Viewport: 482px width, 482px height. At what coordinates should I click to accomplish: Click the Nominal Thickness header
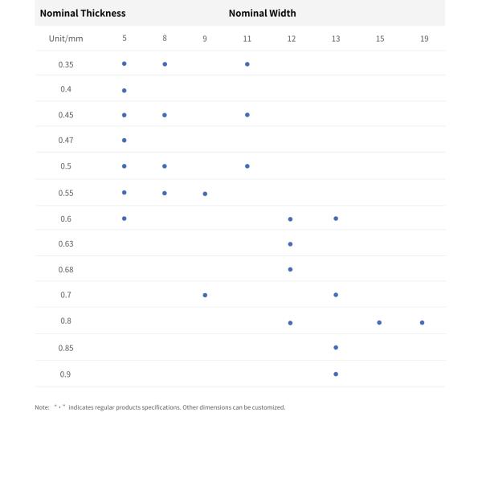pyautogui.click(x=83, y=13)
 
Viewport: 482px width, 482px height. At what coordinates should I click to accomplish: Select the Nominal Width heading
pyautogui.click(x=262, y=13)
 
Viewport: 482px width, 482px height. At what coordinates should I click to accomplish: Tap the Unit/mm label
pyautogui.click(x=66, y=39)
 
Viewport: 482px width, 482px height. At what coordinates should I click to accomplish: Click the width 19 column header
pyautogui.click(x=424, y=39)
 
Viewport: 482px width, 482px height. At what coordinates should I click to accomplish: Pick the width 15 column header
pyautogui.click(x=380, y=39)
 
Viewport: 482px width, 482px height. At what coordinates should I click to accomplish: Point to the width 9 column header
pyautogui.click(x=205, y=39)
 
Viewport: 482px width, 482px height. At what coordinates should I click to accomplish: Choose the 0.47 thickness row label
pyautogui.click(x=66, y=140)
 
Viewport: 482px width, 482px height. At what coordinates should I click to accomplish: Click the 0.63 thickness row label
pyautogui.click(x=66, y=243)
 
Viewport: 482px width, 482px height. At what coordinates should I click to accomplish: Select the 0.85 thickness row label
pyautogui.click(x=66, y=348)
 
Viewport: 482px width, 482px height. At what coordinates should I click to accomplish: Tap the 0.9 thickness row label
pyautogui.click(x=66, y=374)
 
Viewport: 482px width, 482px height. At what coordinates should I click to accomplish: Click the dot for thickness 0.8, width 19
pyautogui.click(x=422, y=322)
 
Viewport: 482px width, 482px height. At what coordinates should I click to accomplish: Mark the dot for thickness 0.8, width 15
pyautogui.click(x=379, y=322)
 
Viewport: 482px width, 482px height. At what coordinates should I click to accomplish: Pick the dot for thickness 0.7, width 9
pyautogui.click(x=205, y=295)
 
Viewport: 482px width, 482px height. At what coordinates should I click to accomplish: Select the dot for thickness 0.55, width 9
pyautogui.click(x=205, y=194)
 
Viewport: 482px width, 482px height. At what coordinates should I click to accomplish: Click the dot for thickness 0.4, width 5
pyautogui.click(x=125, y=90)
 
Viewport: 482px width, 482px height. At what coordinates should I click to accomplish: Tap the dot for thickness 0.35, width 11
pyautogui.click(x=247, y=63)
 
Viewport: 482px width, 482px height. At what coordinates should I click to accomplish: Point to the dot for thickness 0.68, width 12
pyautogui.click(x=290, y=269)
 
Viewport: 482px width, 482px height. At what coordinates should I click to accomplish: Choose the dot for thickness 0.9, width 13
pyautogui.click(x=336, y=374)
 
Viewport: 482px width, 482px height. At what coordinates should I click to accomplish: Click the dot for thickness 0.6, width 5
pyautogui.click(x=125, y=218)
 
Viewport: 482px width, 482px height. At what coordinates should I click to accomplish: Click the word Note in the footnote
pyautogui.click(x=42, y=407)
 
